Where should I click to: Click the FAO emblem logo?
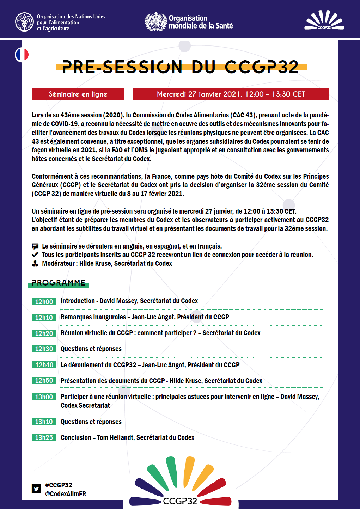coord(24,22)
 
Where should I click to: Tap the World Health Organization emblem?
coord(155,22)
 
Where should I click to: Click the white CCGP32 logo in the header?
coord(324,20)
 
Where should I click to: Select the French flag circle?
coord(22,55)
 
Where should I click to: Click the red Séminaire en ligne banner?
coord(78,94)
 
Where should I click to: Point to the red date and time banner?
coord(231,94)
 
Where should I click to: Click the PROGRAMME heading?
coord(59,283)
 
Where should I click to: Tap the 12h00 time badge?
coord(44,302)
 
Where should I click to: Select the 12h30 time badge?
coord(44,349)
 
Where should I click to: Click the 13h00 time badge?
coord(44,397)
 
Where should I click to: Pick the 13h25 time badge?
coord(44,437)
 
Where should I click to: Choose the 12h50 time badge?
coord(44,381)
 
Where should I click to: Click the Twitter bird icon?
coord(36,489)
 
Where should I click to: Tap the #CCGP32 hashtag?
coord(59,485)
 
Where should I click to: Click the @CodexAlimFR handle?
coord(66,494)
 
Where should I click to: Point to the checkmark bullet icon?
coord(35,255)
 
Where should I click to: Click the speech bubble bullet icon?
coord(35,246)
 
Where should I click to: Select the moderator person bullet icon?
coord(35,264)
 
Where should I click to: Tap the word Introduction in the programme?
coord(78,301)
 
